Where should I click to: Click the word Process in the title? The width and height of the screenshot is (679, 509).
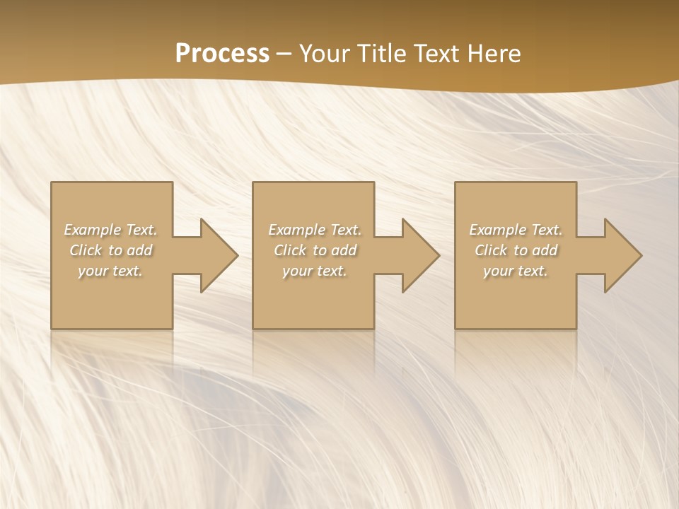coord(222,54)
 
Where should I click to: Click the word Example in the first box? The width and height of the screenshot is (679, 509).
coord(92,230)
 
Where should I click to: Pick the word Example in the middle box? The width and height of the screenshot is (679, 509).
coord(296,230)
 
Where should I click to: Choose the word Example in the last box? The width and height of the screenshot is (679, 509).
coord(497,230)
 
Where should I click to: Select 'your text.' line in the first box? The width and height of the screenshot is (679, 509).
coord(110,271)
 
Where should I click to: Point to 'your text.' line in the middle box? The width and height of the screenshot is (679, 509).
coord(314,271)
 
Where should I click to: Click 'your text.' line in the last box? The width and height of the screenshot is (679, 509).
coord(516,271)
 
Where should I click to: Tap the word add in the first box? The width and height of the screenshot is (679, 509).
coord(139,250)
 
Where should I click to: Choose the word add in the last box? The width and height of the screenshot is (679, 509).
coord(545,250)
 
